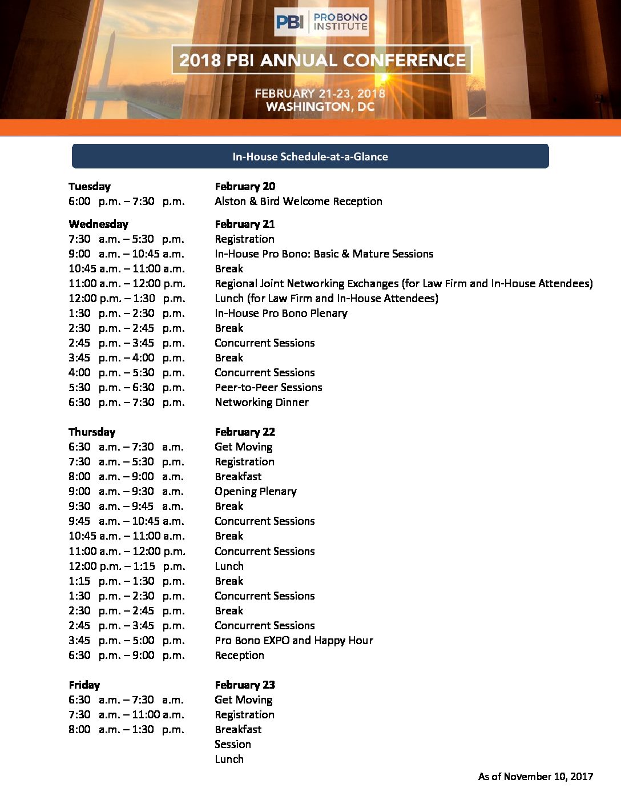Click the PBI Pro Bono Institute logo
(321, 22)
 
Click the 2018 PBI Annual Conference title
(322, 60)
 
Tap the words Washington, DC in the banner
(320, 107)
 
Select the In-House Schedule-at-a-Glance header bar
(310, 156)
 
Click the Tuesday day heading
(90, 187)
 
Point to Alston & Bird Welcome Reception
(298, 202)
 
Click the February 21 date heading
(245, 224)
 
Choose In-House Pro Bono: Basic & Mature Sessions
(324, 254)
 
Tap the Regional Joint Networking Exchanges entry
(403, 284)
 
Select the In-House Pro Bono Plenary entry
(281, 313)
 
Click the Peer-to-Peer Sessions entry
(268, 388)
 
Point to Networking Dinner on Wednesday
(261, 403)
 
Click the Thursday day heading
(92, 432)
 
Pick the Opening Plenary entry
(255, 492)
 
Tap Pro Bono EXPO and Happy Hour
(293, 641)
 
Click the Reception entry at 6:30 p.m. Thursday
(239, 656)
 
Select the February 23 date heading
(245, 685)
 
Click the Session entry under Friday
(232, 745)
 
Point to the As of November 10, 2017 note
(535, 777)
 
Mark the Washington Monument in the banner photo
(112, 63)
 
